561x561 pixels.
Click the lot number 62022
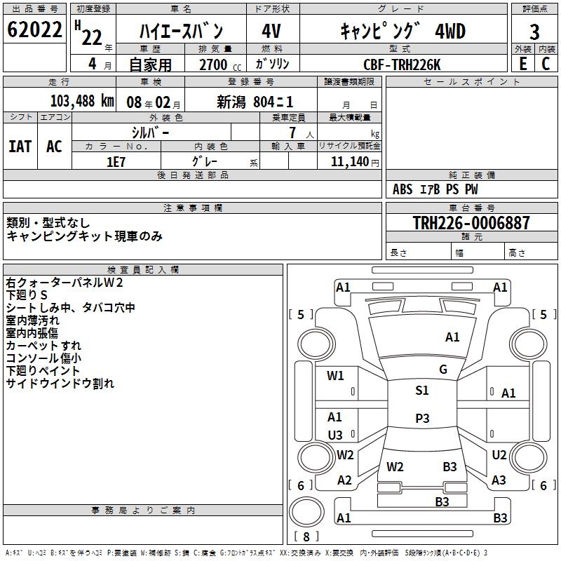click(x=34, y=31)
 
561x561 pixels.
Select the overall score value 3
click(x=534, y=32)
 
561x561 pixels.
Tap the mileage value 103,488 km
click(x=82, y=101)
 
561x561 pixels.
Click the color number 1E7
click(x=116, y=161)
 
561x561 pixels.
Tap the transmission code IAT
click(x=20, y=146)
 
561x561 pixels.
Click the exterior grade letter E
click(x=522, y=64)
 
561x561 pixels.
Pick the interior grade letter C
click(x=546, y=64)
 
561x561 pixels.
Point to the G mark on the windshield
click(x=443, y=370)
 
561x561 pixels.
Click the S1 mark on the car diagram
click(x=422, y=391)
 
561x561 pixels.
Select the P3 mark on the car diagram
click(x=422, y=418)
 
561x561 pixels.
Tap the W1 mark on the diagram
click(x=336, y=376)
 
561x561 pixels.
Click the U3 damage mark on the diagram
click(x=335, y=435)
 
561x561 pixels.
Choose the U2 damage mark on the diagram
click(x=499, y=455)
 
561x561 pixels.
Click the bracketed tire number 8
click(x=306, y=536)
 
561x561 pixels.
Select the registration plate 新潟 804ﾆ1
click(x=255, y=101)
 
